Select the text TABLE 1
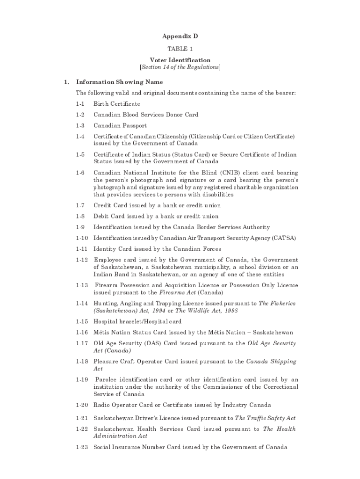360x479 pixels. pyautogui.click(x=180, y=49)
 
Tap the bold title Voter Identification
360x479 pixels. pyautogui.click(x=180, y=60)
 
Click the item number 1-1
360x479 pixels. pyautogui.click(x=80, y=104)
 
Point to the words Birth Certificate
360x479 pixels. pyautogui.click(x=117, y=104)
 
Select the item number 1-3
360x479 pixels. pyautogui.click(x=80, y=125)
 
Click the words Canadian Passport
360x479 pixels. pyautogui.click(x=120, y=125)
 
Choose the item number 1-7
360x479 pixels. pyautogui.click(x=80, y=205)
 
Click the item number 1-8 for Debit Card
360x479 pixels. pyautogui.click(x=80, y=216)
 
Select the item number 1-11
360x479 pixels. pyautogui.click(x=82, y=249)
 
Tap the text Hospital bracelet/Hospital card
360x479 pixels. pyautogui.click(x=137, y=322)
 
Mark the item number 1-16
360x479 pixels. pyautogui.click(x=82, y=333)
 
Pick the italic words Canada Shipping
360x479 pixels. pyautogui.click(x=271, y=362)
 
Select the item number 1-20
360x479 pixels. pyautogui.click(x=82, y=405)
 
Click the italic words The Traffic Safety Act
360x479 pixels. pyautogui.click(x=265, y=418)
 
